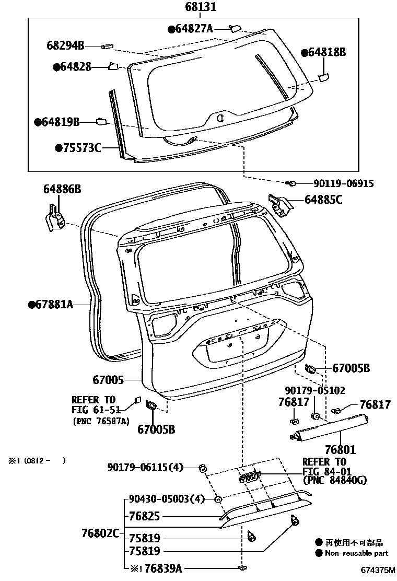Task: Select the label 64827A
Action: pyautogui.click(x=194, y=29)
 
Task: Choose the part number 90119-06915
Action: pyautogui.click(x=344, y=183)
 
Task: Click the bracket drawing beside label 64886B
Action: pyautogui.click(x=53, y=216)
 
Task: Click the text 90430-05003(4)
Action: pyautogui.click(x=166, y=499)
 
